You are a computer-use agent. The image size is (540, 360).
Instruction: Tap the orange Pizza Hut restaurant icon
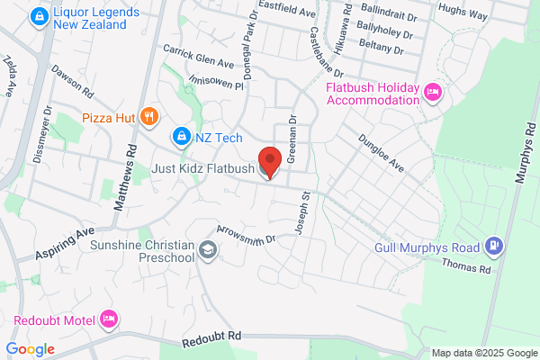pyautogui.click(x=150, y=116)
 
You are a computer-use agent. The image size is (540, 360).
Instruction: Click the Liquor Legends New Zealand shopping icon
pyautogui.click(x=39, y=16)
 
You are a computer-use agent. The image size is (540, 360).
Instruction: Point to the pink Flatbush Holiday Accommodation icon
pyautogui.click(x=432, y=92)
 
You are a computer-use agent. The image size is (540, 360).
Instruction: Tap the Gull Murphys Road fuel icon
pyautogui.click(x=493, y=245)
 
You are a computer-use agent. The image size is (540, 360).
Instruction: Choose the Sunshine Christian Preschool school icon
pyautogui.click(x=208, y=250)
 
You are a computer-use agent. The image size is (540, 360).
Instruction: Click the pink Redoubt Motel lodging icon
pyautogui.click(x=109, y=319)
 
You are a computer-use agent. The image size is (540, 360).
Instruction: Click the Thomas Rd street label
pyautogui.click(x=465, y=267)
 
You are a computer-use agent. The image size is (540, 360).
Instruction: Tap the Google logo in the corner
pyautogui.click(x=30, y=349)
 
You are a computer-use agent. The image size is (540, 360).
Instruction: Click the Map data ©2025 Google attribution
pyautogui.click(x=483, y=352)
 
